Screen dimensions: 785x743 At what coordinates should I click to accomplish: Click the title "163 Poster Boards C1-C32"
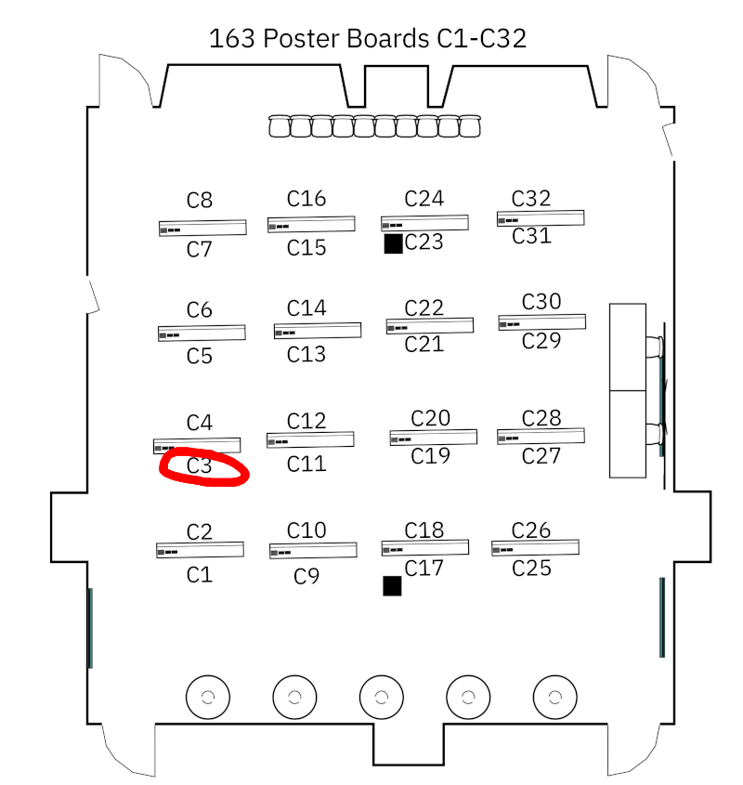[x=368, y=38]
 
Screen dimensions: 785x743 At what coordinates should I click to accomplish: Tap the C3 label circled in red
[x=200, y=465]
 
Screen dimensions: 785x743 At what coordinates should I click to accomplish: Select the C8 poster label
[x=200, y=200]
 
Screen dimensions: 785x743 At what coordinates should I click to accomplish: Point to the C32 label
[x=531, y=198]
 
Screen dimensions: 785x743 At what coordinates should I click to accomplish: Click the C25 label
[x=531, y=568]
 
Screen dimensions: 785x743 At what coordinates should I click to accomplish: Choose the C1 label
[x=200, y=575]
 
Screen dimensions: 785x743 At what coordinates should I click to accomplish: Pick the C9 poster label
[x=306, y=577]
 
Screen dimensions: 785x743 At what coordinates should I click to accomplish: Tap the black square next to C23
[x=393, y=243]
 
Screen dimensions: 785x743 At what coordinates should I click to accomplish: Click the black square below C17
[x=392, y=585]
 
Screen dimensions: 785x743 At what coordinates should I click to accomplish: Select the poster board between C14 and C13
[x=318, y=331]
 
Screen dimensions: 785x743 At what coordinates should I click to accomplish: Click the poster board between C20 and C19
[x=434, y=438]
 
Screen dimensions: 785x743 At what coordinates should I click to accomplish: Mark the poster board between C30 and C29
[x=542, y=321]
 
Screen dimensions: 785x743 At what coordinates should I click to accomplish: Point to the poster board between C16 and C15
[x=312, y=224]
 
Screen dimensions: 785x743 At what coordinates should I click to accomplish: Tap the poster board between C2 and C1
[x=201, y=550]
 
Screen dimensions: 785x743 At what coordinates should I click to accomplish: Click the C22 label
[x=424, y=307]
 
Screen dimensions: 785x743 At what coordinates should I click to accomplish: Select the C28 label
[x=541, y=418]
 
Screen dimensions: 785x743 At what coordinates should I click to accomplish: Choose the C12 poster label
[x=306, y=422]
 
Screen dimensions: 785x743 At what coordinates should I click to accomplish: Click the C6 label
[x=200, y=309]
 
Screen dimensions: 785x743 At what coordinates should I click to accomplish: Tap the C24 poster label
[x=424, y=198]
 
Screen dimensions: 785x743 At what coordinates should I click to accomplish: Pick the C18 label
[x=424, y=530]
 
